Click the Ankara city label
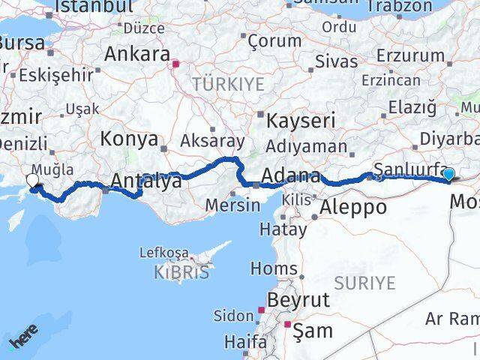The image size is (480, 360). click(136, 54)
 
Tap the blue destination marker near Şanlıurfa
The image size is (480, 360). click(448, 175)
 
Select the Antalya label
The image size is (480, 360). click(146, 181)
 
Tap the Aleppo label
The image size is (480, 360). click(352, 208)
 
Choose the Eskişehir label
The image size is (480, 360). click(56, 74)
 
